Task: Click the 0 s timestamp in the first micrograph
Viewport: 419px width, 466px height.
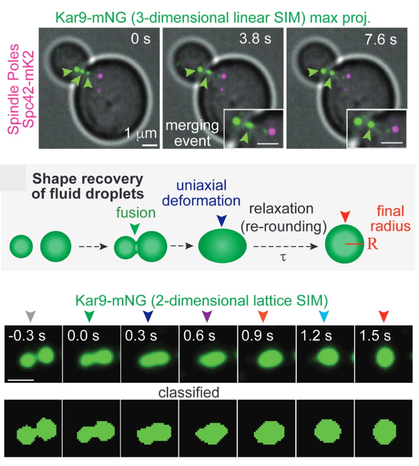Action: coord(140,39)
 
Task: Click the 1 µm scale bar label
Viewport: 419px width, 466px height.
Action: coord(141,134)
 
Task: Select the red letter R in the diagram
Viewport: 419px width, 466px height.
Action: coord(373,244)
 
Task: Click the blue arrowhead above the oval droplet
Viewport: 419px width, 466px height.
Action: coord(221,221)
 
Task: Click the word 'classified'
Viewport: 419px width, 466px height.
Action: coord(189,392)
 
